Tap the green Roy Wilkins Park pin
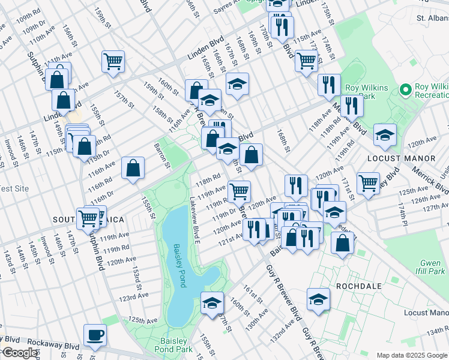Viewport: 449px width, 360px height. [406, 90]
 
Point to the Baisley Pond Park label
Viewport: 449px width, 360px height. [173, 344]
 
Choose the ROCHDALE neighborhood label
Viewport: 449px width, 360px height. [359, 286]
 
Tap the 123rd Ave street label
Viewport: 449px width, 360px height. [133, 297]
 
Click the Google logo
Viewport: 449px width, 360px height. [19, 353]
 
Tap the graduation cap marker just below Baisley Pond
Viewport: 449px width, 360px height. [212, 303]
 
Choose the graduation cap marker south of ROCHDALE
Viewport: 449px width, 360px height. [318, 299]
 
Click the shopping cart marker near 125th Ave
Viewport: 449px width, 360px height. [367, 182]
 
